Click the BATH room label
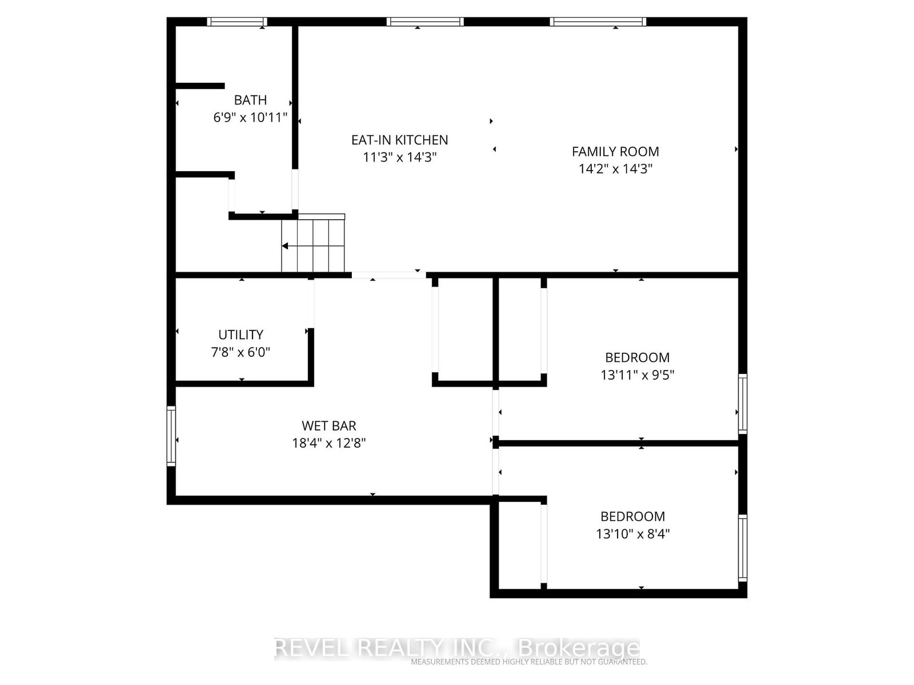click(x=250, y=100)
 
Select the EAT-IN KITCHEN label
click(x=399, y=140)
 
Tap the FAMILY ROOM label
click(x=615, y=152)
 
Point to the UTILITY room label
click(x=240, y=335)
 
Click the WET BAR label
click(x=328, y=426)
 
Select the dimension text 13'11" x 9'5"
click(x=637, y=375)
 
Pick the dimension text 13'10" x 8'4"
click(x=632, y=534)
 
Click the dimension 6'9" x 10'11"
click(x=250, y=118)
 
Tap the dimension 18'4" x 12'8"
click(x=328, y=444)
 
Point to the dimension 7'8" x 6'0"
click(x=240, y=353)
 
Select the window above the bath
click(x=237, y=22)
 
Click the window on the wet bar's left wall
click(x=171, y=436)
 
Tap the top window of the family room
click(x=598, y=22)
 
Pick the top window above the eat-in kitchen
click(x=425, y=22)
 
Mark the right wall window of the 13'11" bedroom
click(x=743, y=404)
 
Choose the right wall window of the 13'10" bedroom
click(x=743, y=548)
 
